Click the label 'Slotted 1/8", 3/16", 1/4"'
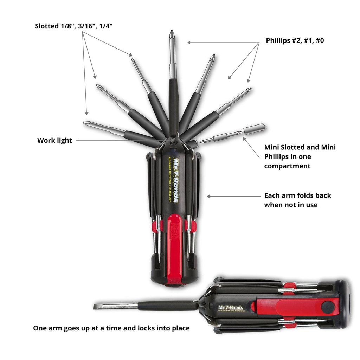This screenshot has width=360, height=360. pos(74,26)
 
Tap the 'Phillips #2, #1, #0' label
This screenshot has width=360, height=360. pos(295,41)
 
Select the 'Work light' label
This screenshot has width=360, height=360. pos(54,140)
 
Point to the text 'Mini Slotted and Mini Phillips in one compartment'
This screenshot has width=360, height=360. pos(300,156)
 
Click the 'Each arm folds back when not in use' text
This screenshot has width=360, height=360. pos(297,200)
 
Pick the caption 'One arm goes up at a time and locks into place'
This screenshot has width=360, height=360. pos(111,328)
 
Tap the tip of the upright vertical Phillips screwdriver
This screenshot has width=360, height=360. pos(172,31)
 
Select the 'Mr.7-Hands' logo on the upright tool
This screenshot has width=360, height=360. pos(176,180)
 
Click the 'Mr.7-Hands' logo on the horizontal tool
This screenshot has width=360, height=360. pos(231,307)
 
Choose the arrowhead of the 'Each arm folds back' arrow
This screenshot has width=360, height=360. pos(208,196)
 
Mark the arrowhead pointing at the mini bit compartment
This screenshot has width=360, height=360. pos(245,139)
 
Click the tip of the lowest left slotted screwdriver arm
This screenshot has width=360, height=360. pos(85,122)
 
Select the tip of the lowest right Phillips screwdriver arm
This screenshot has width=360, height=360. pos(250,89)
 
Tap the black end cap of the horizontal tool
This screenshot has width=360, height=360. pos(345,304)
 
